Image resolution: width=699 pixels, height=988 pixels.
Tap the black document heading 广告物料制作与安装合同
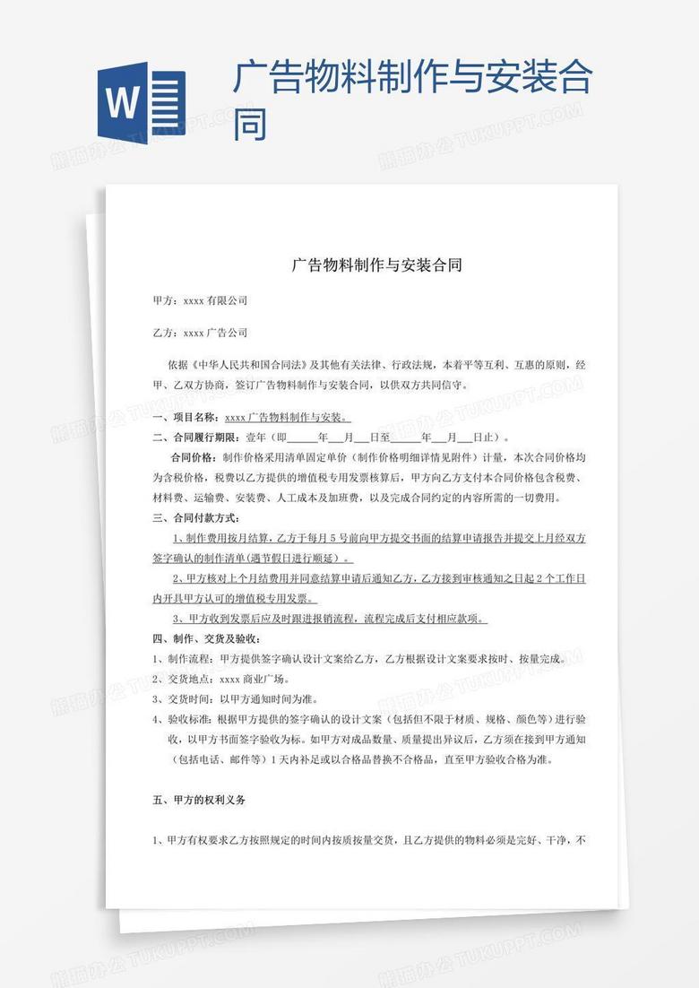pyautogui.click(x=375, y=265)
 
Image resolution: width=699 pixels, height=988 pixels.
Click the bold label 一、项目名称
pyautogui.click(x=185, y=418)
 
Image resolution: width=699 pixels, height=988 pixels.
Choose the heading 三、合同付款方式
pyautogui.click(x=195, y=518)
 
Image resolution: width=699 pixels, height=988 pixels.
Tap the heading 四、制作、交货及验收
pyautogui.click(x=206, y=639)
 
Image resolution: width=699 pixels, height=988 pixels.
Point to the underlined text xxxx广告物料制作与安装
pyautogui.click(x=286, y=418)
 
